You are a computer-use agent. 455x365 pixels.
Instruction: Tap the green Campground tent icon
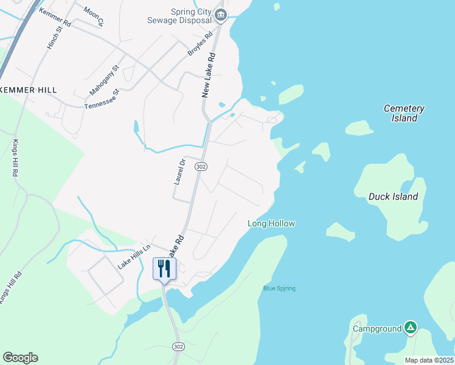411,328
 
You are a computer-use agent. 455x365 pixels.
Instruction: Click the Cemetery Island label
404,113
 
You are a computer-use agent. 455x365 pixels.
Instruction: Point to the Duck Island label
394,196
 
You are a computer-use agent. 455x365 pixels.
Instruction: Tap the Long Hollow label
271,223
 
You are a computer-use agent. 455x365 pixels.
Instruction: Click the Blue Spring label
279,288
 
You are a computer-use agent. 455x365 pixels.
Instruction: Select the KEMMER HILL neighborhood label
29,90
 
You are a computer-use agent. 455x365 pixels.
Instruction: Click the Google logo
20,358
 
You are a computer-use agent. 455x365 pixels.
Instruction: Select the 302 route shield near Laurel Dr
200,166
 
